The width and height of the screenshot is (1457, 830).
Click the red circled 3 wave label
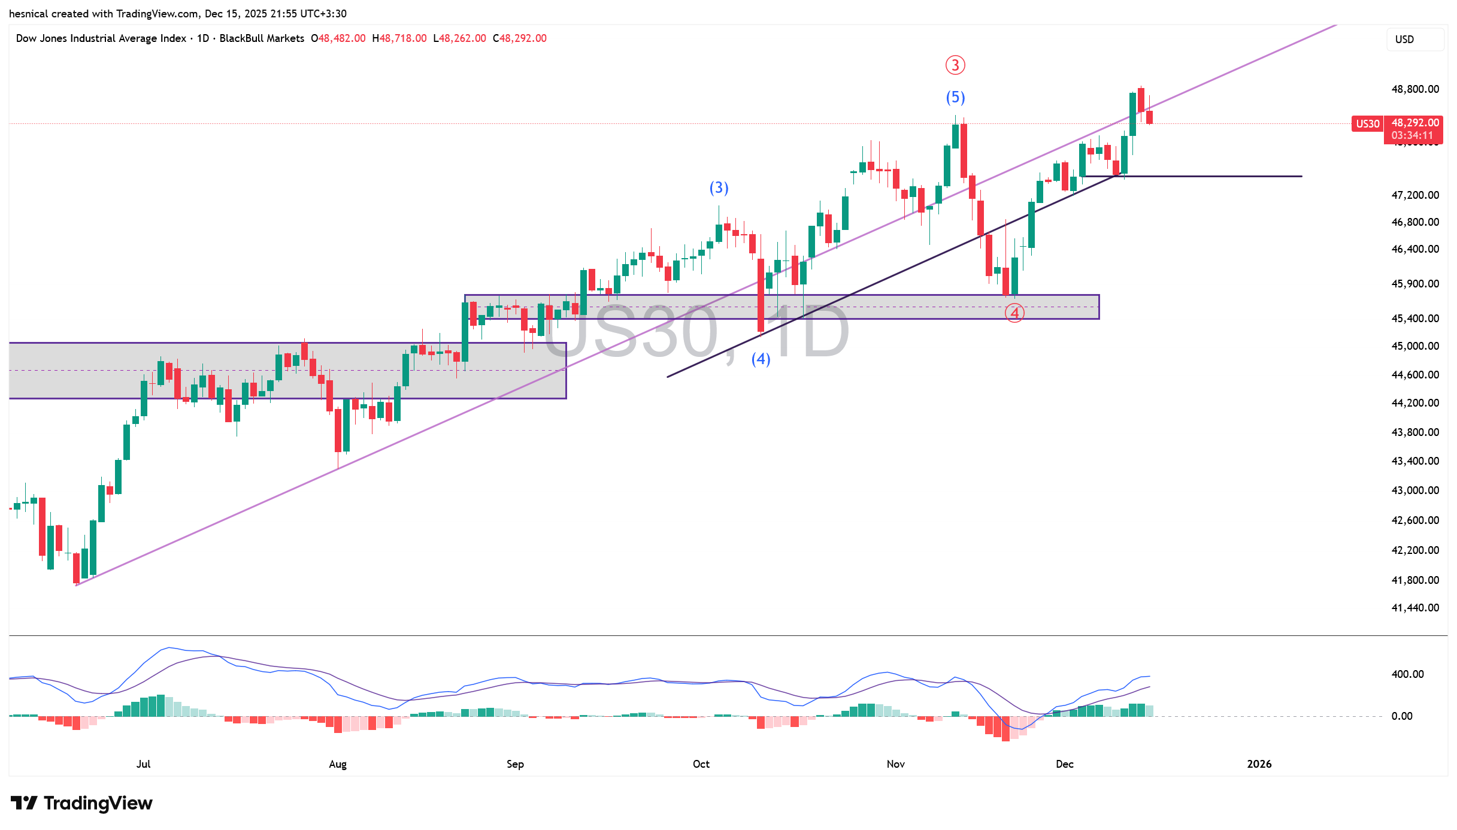[955, 65]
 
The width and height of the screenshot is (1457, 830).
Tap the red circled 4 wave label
[1014, 313]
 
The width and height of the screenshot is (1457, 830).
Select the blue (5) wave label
[955, 97]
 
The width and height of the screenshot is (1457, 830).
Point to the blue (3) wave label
[719, 188]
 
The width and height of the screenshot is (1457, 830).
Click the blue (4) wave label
[761, 359]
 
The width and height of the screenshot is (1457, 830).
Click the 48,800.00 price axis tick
[1414, 89]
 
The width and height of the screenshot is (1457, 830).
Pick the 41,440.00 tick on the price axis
[1414, 608]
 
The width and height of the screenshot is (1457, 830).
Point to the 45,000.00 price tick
[1414, 346]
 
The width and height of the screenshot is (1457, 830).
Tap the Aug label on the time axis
[338, 764]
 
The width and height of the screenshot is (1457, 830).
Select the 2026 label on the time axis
[1259, 764]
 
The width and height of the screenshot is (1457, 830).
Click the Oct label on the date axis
[701, 764]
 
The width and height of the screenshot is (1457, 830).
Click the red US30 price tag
[1367, 124]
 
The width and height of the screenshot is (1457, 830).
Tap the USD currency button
[1405, 40]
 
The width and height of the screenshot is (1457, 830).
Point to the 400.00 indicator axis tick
[1407, 674]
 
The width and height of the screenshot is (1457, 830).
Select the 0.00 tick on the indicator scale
[1402, 716]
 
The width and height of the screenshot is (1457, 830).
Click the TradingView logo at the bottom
[82, 803]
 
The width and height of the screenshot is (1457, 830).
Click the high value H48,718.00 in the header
[399, 38]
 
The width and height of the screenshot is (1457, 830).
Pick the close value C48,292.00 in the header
[520, 38]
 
